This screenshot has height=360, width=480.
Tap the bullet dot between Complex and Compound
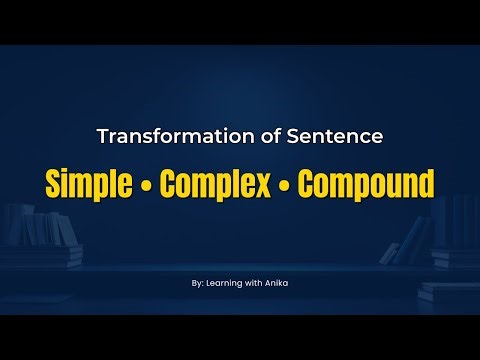285,185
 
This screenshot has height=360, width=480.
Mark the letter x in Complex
269,185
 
